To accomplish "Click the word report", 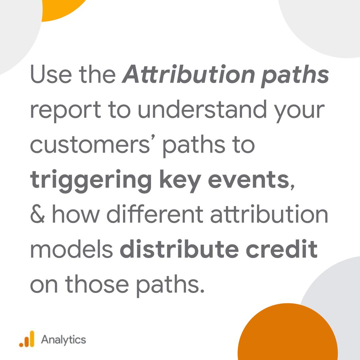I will tap(64, 110).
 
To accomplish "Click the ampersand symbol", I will tap(37, 215).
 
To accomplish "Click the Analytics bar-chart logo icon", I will tap(27, 339).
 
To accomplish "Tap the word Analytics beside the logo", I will tap(63, 340).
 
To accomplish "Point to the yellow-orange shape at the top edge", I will tap(63, 8).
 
